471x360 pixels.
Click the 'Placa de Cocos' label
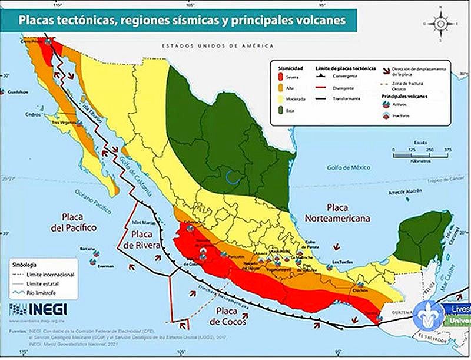tap(230, 315)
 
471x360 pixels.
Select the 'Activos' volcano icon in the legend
tap(387, 104)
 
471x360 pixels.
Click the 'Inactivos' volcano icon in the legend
tap(387, 115)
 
